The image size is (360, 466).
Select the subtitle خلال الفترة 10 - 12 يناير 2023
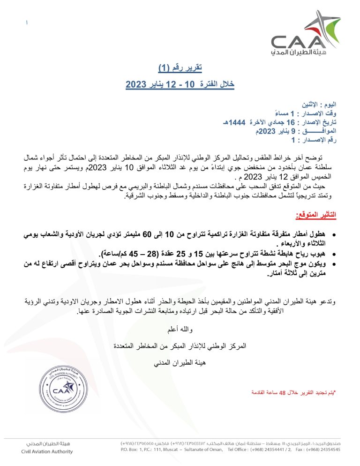click(x=180, y=84)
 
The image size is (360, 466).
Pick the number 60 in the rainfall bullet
click(x=148, y=233)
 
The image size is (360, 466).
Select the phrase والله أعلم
click(x=180, y=331)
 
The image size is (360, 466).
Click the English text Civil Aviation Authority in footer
click(x=47, y=451)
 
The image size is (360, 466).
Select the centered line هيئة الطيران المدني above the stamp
click(x=180, y=362)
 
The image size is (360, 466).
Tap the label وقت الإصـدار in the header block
click(x=320, y=113)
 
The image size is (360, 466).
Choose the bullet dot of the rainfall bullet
click(x=333, y=234)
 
